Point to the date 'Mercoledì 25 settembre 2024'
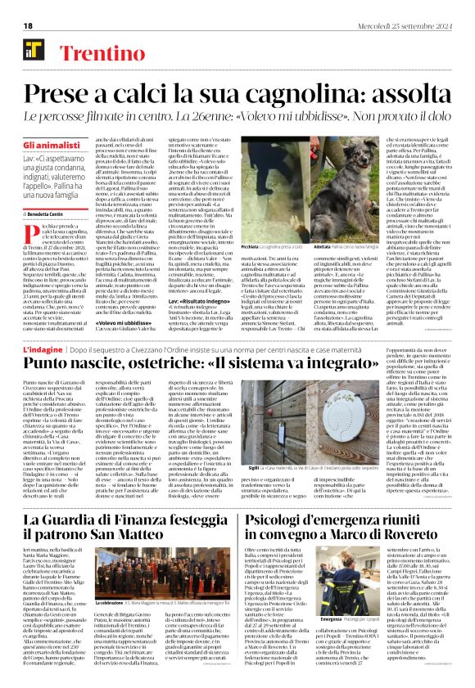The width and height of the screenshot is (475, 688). pyautogui.click(x=409, y=25)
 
